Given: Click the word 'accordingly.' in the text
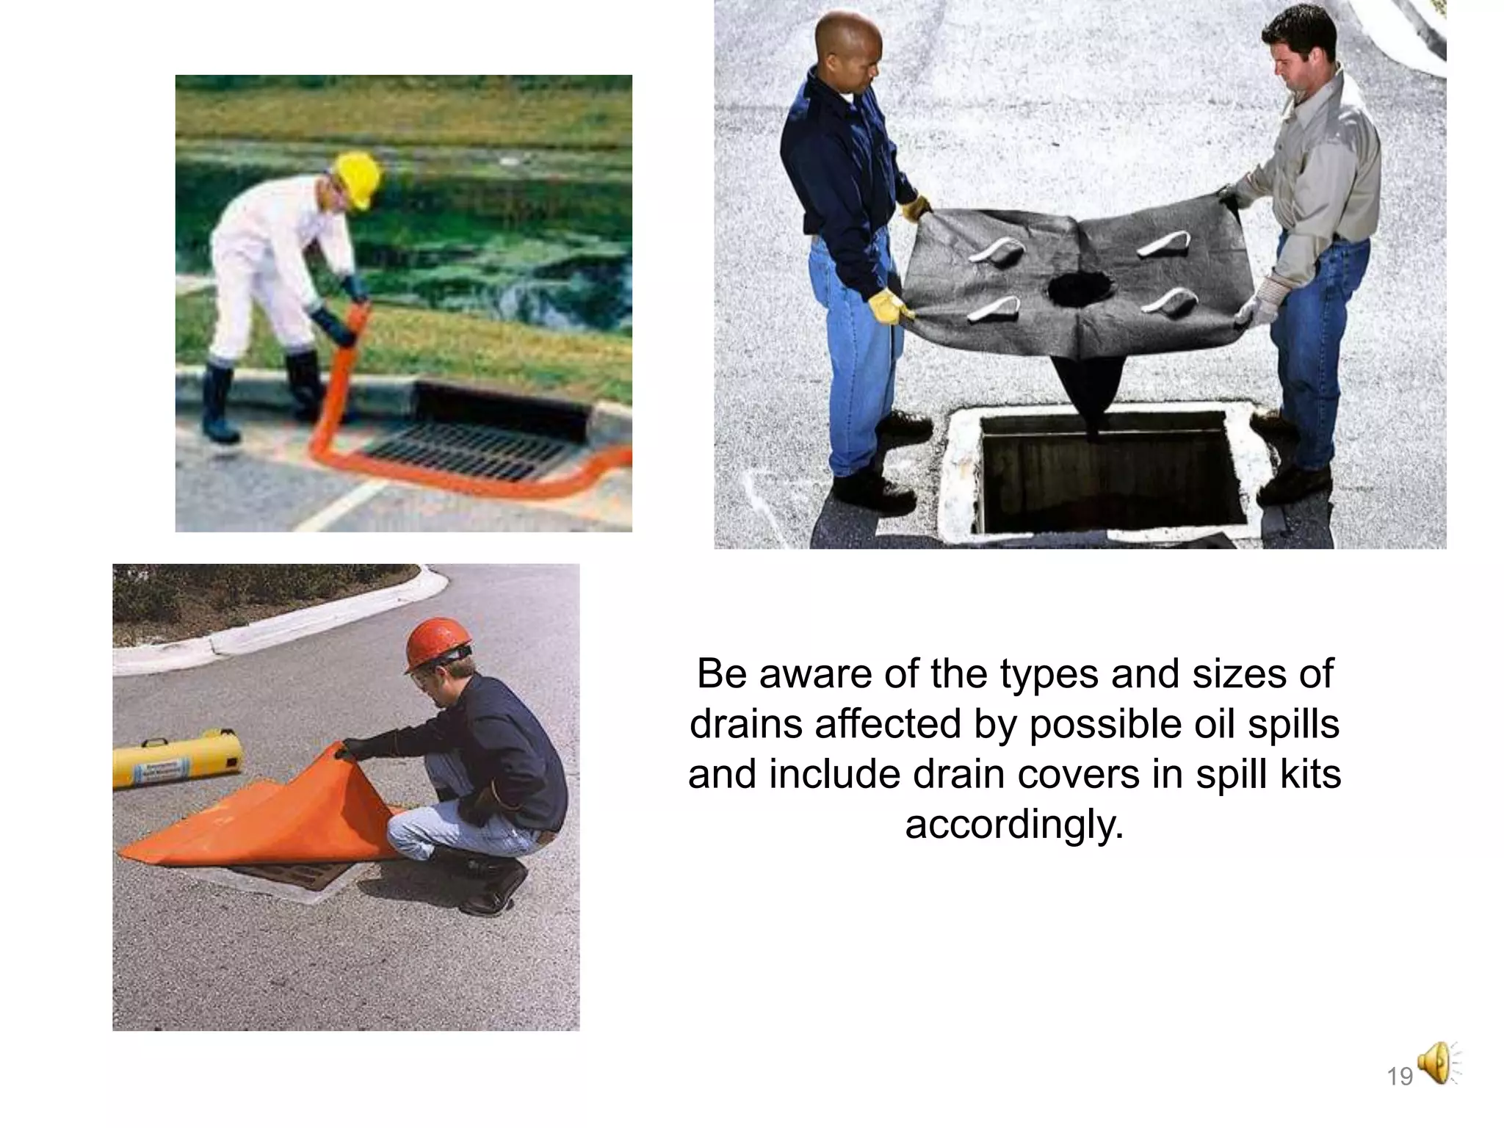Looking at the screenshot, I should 1014,824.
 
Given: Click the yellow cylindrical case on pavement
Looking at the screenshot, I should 178,757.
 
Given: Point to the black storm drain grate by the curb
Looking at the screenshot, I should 463,448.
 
